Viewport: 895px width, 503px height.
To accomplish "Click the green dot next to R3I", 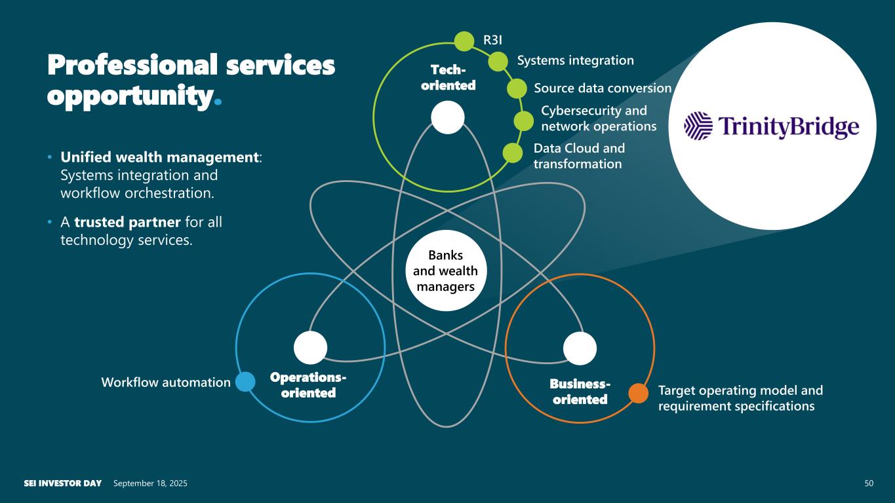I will (x=464, y=41).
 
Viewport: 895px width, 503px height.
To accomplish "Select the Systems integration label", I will (x=575, y=60).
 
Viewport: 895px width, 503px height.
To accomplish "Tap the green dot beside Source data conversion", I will (x=517, y=88).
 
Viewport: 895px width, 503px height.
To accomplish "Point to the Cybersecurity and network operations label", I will (x=598, y=118).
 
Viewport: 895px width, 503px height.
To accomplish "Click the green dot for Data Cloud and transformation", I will (x=512, y=153).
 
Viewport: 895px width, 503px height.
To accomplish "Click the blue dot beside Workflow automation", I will (x=245, y=382).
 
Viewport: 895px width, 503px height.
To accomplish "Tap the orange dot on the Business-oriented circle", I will (x=638, y=392).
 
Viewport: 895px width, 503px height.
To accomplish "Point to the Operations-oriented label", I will (x=308, y=385).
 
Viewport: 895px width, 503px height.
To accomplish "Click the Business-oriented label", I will (x=580, y=391).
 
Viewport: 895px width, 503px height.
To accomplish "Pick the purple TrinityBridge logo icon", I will (x=698, y=126).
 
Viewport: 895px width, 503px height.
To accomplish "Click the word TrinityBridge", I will (x=789, y=126).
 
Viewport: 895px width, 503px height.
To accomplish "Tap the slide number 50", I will (x=869, y=483).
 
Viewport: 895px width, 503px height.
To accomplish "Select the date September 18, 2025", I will (x=150, y=483).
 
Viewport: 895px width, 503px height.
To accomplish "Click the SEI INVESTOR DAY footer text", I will (x=63, y=483).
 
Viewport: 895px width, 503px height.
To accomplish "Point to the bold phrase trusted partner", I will (x=127, y=222).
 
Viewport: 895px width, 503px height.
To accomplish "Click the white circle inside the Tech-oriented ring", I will (x=448, y=118).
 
